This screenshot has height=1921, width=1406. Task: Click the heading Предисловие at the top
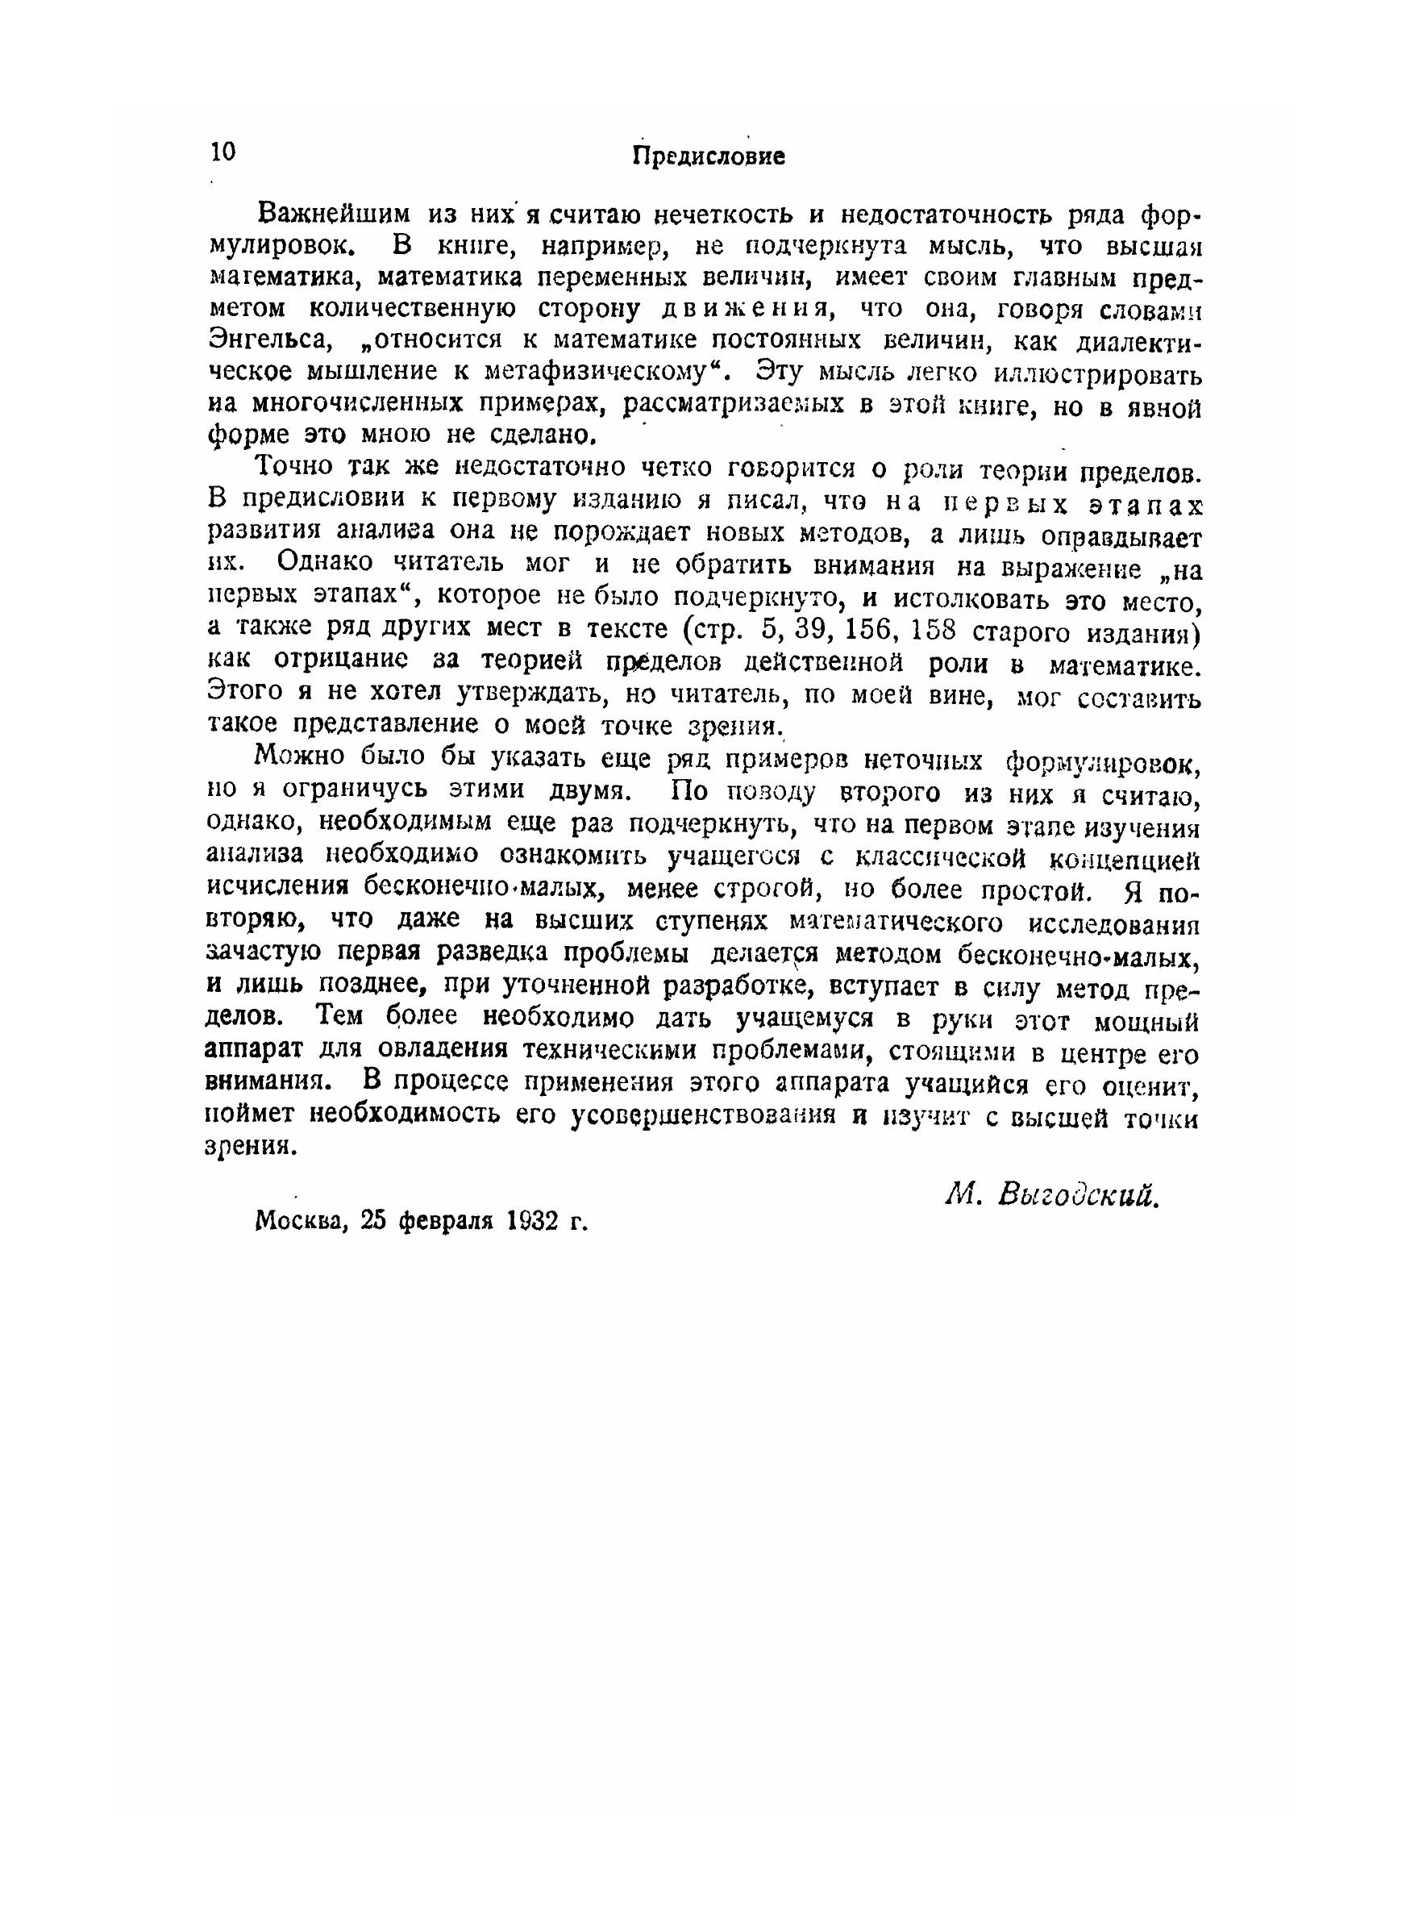709,156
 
